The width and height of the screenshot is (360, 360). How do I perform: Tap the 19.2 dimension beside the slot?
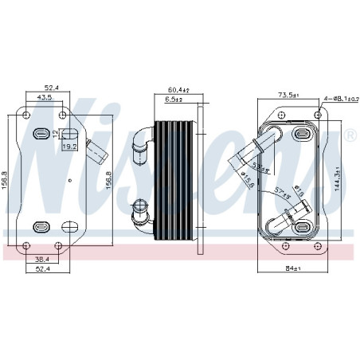tap(70, 147)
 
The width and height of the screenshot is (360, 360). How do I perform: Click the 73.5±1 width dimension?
tap(288, 95)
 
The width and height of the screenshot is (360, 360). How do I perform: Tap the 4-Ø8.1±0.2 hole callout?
tap(338, 100)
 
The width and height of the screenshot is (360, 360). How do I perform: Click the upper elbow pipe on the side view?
tap(143, 138)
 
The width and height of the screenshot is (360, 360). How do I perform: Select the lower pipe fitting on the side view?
tap(142, 213)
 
